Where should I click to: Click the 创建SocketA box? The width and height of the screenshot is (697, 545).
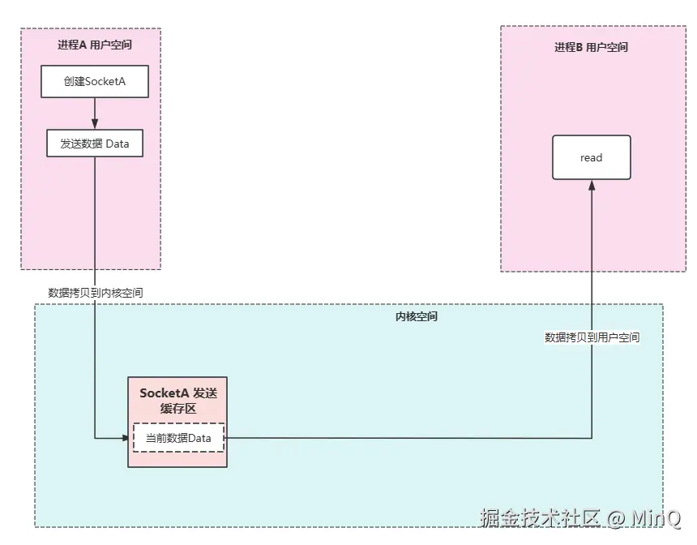[95, 81]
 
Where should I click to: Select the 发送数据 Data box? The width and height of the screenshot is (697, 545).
[95, 144]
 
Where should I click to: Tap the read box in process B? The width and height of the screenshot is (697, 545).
[591, 157]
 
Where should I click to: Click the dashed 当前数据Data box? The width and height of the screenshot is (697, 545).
[178, 438]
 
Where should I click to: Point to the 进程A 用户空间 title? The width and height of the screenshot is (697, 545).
[94, 45]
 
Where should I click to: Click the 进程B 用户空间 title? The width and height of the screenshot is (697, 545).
[591, 47]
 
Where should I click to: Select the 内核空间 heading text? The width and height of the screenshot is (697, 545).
[416, 316]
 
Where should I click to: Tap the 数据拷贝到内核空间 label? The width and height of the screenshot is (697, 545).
[96, 293]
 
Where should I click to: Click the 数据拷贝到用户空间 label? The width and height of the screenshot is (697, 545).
[592, 337]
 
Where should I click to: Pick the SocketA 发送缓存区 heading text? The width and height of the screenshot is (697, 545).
[178, 400]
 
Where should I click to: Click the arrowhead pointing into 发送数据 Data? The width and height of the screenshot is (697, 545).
[95, 124]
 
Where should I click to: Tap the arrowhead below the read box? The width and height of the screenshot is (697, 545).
[592, 186]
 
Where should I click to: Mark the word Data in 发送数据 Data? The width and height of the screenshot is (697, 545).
[118, 144]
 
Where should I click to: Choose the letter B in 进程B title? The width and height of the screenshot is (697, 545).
[579, 47]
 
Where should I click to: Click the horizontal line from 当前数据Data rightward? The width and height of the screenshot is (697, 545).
[405, 438]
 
